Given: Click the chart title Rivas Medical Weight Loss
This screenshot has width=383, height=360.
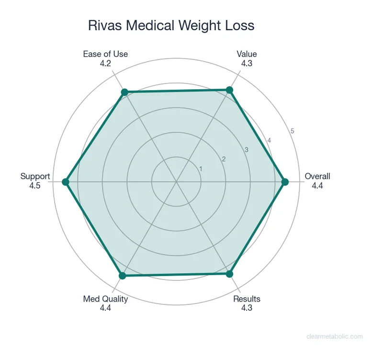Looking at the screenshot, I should point(171,25).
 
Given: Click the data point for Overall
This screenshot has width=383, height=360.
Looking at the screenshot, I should point(285,182).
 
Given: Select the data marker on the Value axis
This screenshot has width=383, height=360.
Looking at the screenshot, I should point(229,90).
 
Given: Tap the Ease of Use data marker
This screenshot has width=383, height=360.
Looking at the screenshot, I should point(124,92).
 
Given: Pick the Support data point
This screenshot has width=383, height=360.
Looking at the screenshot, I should point(66,182).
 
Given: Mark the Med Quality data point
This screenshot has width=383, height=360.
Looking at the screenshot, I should point(122,276).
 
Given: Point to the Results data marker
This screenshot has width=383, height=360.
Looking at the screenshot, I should point(229,274).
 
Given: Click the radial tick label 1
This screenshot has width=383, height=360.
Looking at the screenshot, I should point(201,169).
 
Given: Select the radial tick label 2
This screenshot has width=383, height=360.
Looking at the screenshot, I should point(223,159).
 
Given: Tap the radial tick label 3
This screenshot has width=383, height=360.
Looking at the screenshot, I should point(247,150).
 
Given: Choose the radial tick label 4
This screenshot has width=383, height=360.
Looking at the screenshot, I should point(269,140).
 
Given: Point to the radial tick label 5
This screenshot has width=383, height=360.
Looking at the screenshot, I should point(292,131).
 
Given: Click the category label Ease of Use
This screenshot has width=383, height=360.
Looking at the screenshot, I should point(105,54).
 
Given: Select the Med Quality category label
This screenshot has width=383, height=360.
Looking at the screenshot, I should point(105,299).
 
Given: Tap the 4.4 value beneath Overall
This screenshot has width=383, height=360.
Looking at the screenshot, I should point(317,185).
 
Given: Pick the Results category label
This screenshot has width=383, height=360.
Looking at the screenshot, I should point(247,299).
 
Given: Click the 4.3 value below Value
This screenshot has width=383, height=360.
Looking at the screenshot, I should point(247,63).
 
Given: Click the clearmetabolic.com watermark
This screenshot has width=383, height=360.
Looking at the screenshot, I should point(335,337).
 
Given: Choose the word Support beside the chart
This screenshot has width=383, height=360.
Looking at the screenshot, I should point(35,176).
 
